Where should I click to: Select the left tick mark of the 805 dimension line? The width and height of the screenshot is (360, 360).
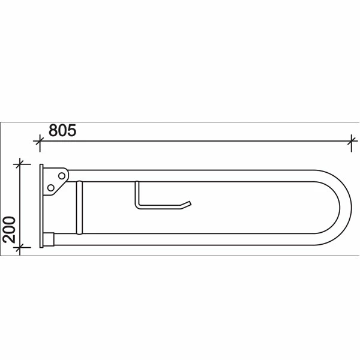(40, 142)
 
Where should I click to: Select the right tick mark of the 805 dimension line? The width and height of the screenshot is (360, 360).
(351, 142)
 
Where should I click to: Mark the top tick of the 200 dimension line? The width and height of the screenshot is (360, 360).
(21, 163)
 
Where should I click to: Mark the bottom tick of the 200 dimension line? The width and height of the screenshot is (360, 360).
(21, 247)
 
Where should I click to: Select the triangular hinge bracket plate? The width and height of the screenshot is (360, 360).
(55, 182)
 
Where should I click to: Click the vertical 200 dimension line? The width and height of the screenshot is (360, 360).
(21, 204)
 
